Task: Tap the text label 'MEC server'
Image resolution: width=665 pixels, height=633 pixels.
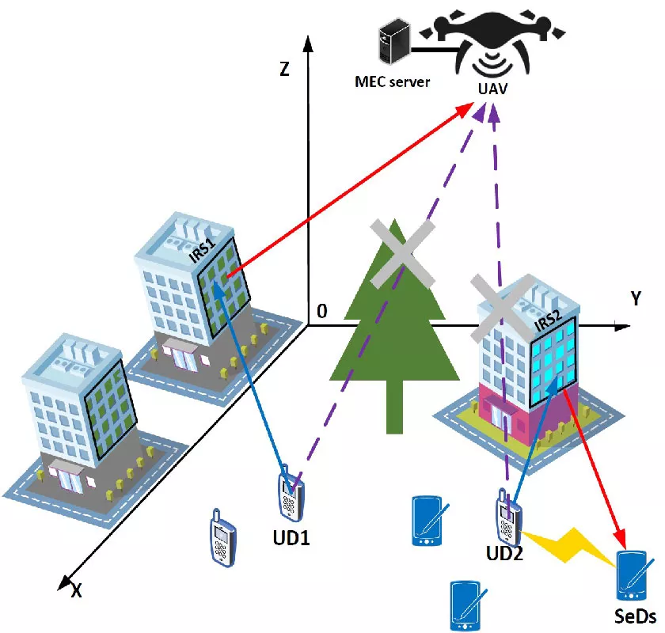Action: [393, 81]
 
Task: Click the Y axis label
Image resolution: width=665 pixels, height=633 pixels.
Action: [635, 299]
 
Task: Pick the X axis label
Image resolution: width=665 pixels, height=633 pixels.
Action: [76, 589]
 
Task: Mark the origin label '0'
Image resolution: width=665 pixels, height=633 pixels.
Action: [321, 312]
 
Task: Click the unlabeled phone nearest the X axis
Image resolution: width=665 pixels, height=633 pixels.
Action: [222, 537]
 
